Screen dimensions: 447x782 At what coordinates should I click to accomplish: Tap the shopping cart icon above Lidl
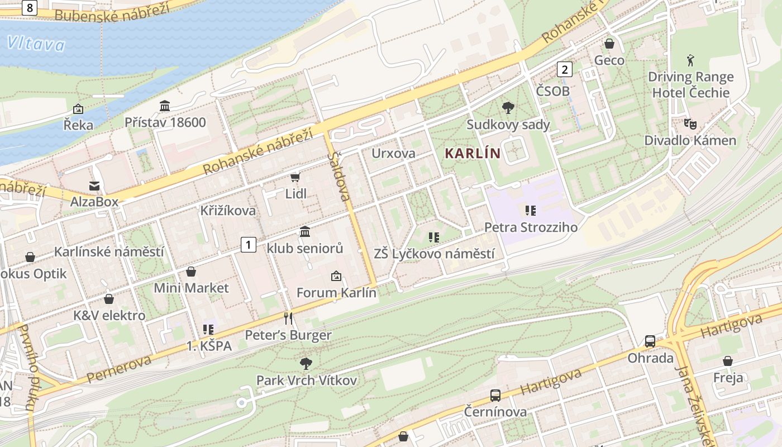(295, 177)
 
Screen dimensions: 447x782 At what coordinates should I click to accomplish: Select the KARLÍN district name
(472, 153)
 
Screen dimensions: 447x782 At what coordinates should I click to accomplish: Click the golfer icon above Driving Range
(691, 60)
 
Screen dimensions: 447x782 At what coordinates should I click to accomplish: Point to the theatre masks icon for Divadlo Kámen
(690, 124)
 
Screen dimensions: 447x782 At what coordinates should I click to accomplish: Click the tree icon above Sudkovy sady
(508, 108)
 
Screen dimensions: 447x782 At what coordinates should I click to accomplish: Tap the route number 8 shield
(30, 7)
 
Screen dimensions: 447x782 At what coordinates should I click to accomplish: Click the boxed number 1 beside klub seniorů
(249, 244)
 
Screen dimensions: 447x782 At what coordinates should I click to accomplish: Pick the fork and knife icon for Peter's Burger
(288, 318)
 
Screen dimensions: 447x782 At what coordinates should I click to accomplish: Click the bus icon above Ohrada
(650, 341)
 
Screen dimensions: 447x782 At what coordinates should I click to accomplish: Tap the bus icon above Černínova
(495, 396)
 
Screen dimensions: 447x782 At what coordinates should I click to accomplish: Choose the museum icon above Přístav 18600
(165, 106)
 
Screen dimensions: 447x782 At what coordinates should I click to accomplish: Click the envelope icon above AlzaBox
(94, 186)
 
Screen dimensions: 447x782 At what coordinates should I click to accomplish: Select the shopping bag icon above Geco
(609, 44)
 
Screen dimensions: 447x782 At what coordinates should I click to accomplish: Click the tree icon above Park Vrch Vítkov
(306, 364)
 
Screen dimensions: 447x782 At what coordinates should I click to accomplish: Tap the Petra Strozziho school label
(531, 227)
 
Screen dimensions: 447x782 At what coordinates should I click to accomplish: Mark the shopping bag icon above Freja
(727, 361)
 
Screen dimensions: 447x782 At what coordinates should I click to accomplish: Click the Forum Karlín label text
(336, 292)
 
